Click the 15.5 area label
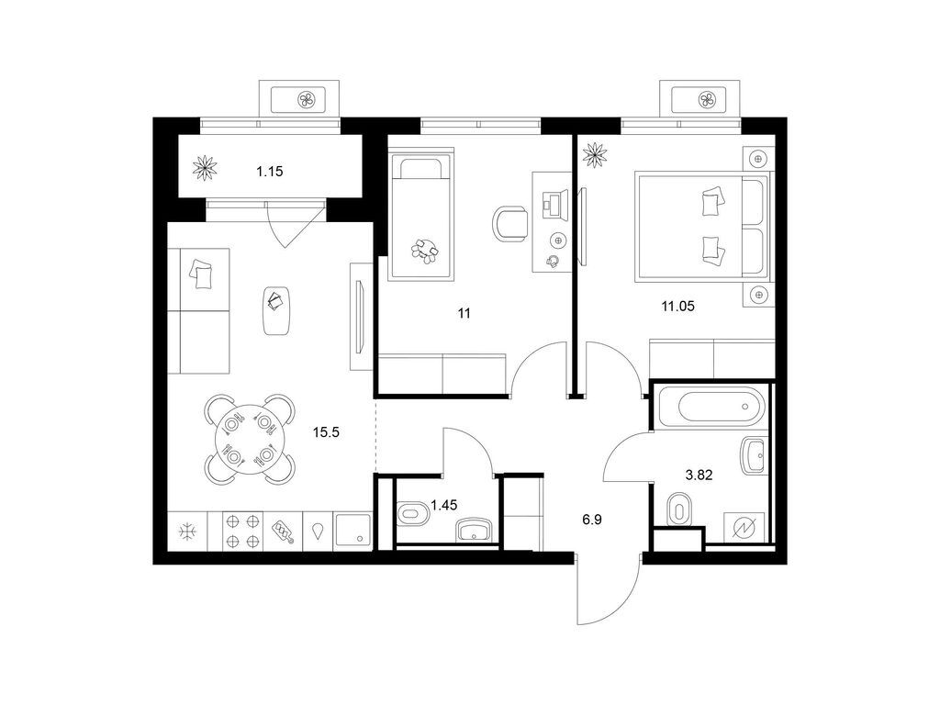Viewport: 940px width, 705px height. pyautogui.click(x=326, y=431)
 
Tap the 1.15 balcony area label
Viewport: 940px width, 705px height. pyautogui.click(x=269, y=172)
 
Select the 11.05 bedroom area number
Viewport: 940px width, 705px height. pyautogui.click(x=677, y=307)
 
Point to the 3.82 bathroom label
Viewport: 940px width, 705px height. pyautogui.click(x=699, y=476)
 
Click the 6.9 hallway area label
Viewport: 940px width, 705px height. pyautogui.click(x=592, y=520)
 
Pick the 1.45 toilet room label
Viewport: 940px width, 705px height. pyautogui.click(x=443, y=506)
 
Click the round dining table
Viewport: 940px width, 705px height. pyautogui.click(x=249, y=440)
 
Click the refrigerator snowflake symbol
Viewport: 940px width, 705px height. pyautogui.click(x=187, y=532)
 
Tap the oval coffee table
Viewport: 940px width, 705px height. pyautogui.click(x=277, y=310)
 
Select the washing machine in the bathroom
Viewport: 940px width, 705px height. pyautogui.click(x=744, y=528)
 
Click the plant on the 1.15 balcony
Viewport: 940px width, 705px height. pyautogui.click(x=205, y=168)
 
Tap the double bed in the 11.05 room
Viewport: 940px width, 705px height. pyautogui.click(x=702, y=226)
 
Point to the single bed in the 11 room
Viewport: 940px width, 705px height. pyautogui.click(x=420, y=216)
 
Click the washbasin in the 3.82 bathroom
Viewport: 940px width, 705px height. pyautogui.click(x=755, y=455)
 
